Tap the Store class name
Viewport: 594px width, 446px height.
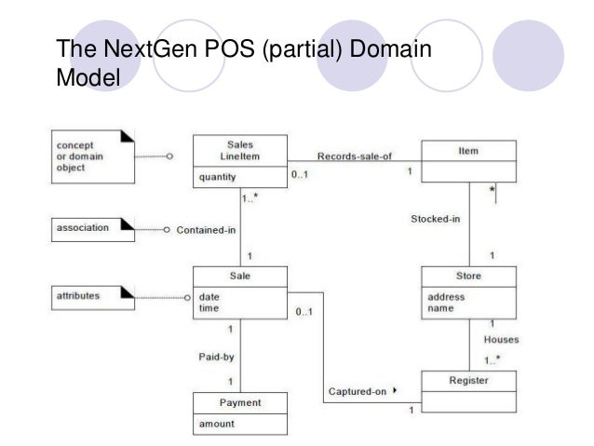(468, 276)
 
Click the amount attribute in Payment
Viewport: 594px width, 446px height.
(215, 423)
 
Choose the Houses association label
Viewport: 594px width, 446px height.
(501, 340)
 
